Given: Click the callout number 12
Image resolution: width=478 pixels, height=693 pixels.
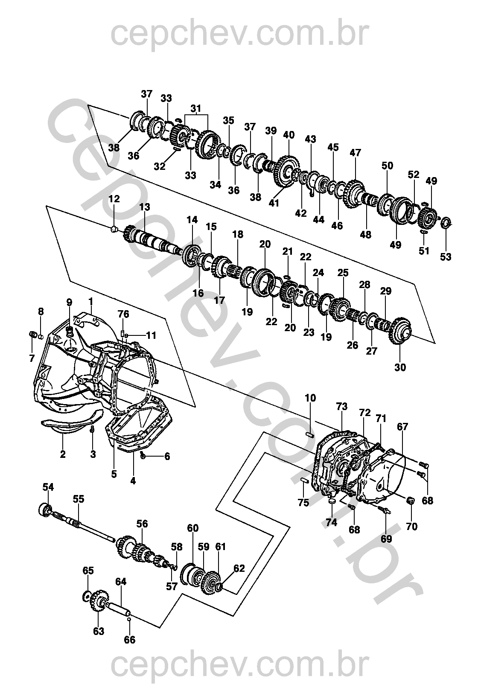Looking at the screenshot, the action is [114, 198].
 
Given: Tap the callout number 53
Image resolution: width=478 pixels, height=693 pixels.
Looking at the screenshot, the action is [446, 257].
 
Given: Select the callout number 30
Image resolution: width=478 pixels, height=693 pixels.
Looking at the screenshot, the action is [400, 367].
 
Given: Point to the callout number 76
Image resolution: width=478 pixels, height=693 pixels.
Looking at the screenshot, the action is [123, 314].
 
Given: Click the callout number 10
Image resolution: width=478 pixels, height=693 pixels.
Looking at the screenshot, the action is [310, 398].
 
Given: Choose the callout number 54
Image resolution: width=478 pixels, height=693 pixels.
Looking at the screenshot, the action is [48, 487].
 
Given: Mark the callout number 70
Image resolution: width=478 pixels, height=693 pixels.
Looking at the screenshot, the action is [412, 527].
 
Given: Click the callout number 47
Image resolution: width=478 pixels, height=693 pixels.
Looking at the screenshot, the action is [356, 153].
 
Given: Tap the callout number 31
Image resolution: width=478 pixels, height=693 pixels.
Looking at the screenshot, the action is [196, 108].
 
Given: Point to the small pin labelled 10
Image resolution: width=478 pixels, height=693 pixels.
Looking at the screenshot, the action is [310, 436].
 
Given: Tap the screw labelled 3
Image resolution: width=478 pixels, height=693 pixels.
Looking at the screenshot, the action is [92, 430].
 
